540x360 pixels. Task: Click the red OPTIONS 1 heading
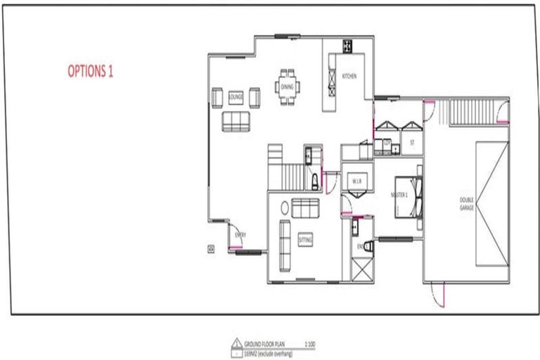90,71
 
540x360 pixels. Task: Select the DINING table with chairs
287,86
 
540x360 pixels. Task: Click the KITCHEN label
349,75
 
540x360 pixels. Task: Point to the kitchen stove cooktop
347,46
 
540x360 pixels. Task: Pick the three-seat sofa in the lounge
236,121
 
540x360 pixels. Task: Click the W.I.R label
356,181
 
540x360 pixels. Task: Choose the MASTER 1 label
400,195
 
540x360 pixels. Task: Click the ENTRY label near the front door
240,234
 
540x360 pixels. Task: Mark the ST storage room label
413,142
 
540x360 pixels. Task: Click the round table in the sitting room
285,208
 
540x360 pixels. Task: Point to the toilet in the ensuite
356,226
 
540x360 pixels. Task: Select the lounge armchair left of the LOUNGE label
217,96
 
